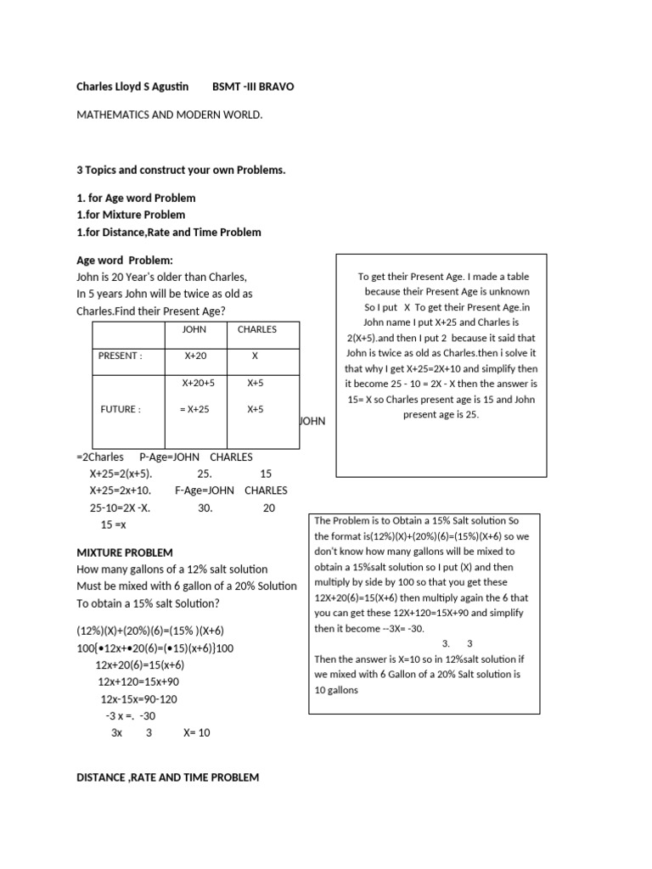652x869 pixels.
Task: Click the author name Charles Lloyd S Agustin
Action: coord(132,87)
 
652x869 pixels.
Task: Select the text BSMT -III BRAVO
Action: coord(253,87)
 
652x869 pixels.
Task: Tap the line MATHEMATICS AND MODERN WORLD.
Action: coord(170,114)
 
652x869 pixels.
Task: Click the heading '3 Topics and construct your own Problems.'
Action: coord(181,170)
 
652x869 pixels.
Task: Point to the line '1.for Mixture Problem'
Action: coord(131,215)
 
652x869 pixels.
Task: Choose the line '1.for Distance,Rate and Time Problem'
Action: coord(169,232)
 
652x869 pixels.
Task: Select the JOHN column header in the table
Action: coord(194,329)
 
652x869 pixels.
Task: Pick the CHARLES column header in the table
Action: coord(256,329)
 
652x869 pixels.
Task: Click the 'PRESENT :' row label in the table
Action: coord(121,356)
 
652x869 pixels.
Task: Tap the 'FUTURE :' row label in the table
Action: coord(120,409)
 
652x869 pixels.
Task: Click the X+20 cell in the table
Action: coord(195,356)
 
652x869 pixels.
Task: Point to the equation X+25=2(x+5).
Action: coord(121,474)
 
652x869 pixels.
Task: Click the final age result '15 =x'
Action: coord(113,524)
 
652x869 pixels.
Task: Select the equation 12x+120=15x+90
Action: coord(138,681)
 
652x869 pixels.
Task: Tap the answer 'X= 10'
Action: coord(196,732)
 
